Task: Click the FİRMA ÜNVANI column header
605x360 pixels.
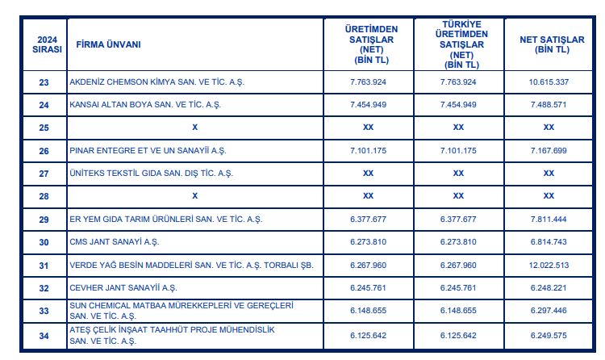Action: (108, 44)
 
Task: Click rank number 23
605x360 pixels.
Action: (44, 82)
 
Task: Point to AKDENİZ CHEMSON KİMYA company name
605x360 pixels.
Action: (146, 82)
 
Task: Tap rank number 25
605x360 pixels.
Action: (44, 128)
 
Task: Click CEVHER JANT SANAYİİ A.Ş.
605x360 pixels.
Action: (121, 287)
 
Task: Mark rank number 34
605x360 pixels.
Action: (44, 334)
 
